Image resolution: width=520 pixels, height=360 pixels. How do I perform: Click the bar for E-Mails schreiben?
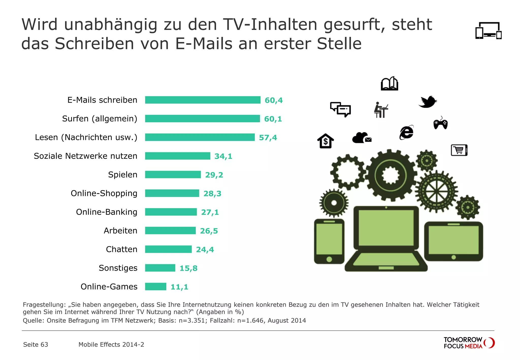coord(203,100)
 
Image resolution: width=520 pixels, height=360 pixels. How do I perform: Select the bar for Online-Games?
coord(156,287)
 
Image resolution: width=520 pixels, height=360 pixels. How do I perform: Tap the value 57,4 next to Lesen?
coord(268,138)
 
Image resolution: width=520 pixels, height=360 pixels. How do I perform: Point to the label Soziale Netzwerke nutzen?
coord(86,156)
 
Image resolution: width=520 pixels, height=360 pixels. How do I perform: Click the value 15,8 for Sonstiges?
coord(188,268)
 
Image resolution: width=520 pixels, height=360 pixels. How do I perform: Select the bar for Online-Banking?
coord(171,212)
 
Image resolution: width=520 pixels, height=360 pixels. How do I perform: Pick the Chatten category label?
coord(122,249)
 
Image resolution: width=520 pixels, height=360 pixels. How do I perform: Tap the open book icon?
coord(389,84)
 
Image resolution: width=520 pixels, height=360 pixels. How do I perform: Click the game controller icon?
coord(440,124)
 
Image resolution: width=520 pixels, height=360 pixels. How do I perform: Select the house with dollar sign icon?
coord(326,141)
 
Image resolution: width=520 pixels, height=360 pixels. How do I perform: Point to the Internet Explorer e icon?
coord(407,132)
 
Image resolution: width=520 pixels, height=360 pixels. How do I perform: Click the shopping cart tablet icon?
coord(459,150)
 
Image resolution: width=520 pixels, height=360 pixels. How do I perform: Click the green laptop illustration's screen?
coord(386,228)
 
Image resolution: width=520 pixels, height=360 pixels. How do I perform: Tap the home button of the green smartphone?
coord(329,259)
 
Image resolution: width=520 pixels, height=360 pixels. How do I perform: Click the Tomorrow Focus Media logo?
coord(469,343)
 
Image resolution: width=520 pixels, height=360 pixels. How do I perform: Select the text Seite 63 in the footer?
coord(36,345)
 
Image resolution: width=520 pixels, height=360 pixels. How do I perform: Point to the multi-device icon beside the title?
coord(488,31)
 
